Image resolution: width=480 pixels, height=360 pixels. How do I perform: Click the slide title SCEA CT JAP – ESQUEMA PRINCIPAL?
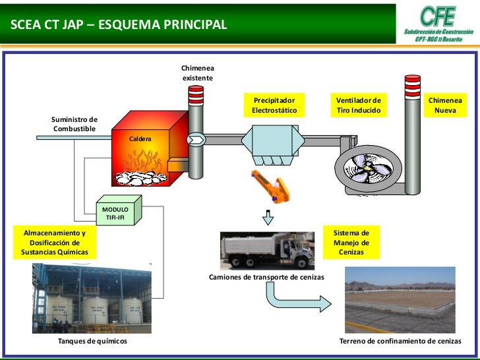pyautogui.click(x=119, y=25)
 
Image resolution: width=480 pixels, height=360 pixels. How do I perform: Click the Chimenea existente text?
pyautogui.click(x=198, y=74)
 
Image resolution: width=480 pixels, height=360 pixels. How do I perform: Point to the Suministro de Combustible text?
pyautogui.click(x=75, y=123)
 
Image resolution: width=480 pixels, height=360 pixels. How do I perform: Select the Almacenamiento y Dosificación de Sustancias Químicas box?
pyautogui.click(x=55, y=243)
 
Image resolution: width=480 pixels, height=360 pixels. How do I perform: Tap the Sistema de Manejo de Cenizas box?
pyautogui.click(x=351, y=243)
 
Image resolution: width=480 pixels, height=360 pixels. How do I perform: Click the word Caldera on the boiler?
pyautogui.click(x=140, y=140)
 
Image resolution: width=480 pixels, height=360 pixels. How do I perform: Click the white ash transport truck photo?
pyautogui.click(x=268, y=250)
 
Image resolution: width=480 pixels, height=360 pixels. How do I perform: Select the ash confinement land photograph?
pyautogui.click(x=402, y=300)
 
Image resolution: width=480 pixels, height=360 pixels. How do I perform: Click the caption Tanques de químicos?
pyautogui.click(x=92, y=342)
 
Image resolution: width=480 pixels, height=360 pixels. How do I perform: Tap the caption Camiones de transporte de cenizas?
pyautogui.click(x=266, y=278)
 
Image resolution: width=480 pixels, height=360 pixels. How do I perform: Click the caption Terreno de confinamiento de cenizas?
pyautogui.click(x=400, y=342)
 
